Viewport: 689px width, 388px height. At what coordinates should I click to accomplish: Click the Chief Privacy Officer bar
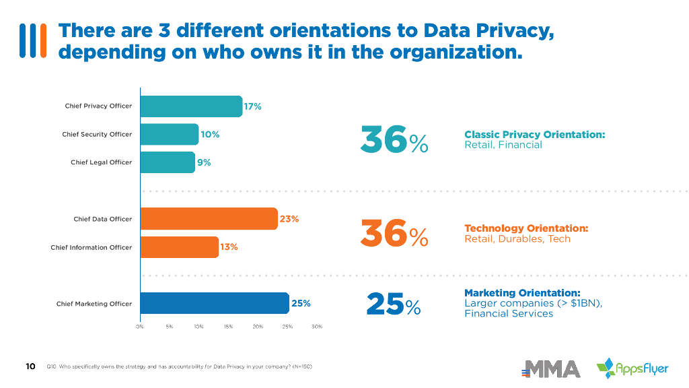pos(191,106)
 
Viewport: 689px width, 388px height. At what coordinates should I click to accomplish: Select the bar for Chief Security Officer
pos(170,134)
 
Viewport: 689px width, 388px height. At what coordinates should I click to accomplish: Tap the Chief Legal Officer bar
pos(168,162)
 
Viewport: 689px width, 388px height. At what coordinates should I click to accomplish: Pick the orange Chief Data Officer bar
pos(209,219)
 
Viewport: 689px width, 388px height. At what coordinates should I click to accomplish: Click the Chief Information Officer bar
pos(180,247)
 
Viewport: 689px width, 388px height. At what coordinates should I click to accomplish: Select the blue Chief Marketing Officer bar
pos(215,304)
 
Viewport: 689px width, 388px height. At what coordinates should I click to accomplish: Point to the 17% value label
pos(252,106)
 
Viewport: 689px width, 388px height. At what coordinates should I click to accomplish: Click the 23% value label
pos(289,219)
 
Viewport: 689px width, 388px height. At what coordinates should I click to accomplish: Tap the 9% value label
pos(204,162)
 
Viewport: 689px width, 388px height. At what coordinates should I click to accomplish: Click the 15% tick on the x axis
pos(228,327)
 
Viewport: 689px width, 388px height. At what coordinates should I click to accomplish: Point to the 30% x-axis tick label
pos(317,327)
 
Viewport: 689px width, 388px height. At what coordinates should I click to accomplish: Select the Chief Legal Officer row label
pos(101,162)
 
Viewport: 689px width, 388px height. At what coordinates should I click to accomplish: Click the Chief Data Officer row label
pos(102,219)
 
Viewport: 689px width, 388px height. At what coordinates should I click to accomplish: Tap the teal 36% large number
pos(394,139)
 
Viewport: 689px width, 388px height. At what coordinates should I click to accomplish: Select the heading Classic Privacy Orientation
pos(534,135)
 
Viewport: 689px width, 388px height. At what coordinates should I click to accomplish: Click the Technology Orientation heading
pos(526,228)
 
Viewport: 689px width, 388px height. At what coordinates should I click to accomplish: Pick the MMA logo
pos(551,368)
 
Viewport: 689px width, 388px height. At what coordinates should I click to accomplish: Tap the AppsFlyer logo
pos(632,368)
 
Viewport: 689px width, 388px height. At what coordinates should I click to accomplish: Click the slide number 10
pos(30,366)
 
